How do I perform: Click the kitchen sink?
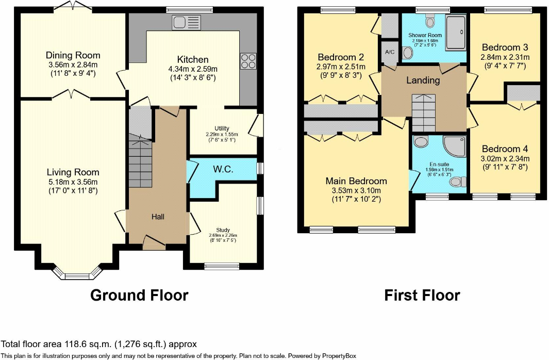coord(186,22)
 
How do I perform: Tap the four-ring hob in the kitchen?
coord(248,61)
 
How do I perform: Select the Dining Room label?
coord(73,55)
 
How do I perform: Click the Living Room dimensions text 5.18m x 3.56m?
coord(73,182)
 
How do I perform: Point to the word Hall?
coord(158,217)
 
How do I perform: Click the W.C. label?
coord(223,169)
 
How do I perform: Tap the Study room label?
coord(223,230)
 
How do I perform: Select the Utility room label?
coord(222,128)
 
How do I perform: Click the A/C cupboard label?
coord(390,52)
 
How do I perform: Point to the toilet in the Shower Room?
coord(430,21)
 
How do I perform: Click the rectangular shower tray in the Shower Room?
coord(456,32)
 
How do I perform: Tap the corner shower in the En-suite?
coord(455,146)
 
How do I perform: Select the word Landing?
coord(423,80)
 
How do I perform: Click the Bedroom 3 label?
coord(505,47)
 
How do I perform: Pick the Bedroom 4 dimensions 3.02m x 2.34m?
coord(505,159)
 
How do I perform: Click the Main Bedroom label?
coord(356,181)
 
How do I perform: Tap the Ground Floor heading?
coord(139,295)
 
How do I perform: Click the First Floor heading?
coord(422,295)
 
